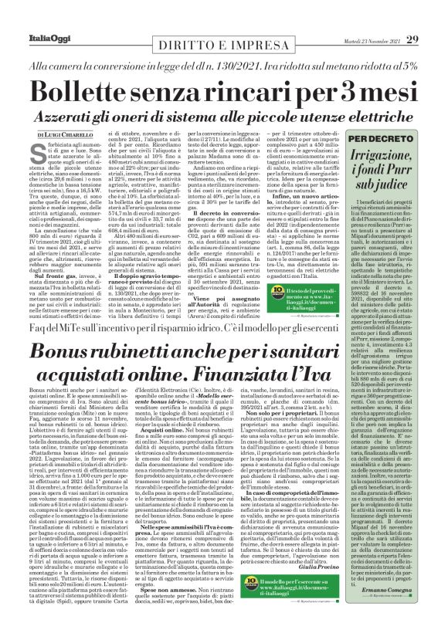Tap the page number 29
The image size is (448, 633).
[413, 39]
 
